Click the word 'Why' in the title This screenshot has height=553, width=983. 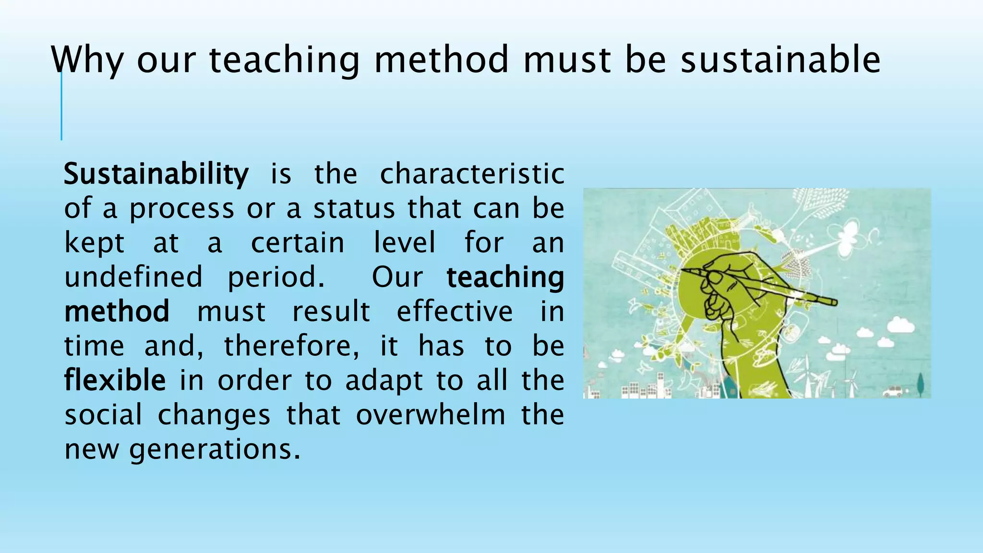(x=87, y=60)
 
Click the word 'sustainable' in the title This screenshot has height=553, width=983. (x=780, y=60)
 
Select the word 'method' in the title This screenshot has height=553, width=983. (x=441, y=60)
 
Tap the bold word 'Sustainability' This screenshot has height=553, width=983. (x=156, y=174)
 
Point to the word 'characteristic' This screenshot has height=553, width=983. (x=472, y=174)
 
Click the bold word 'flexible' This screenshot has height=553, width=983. (x=115, y=380)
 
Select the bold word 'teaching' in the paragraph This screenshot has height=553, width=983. (x=505, y=277)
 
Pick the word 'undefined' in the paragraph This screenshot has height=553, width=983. (x=133, y=277)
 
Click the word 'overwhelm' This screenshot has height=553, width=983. (x=431, y=415)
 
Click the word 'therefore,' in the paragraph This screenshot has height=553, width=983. (x=291, y=346)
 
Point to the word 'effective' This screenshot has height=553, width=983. (x=455, y=312)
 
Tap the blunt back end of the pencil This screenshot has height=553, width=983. (x=834, y=302)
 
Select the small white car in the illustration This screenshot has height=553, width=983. (x=893, y=392)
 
